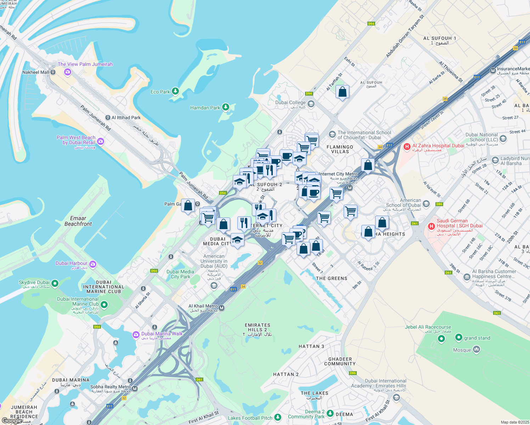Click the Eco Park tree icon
(175, 91)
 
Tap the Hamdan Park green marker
(225, 107)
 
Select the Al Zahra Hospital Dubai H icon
(407, 146)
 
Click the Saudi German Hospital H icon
(432, 226)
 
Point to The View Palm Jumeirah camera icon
(68, 72)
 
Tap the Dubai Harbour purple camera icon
(93, 264)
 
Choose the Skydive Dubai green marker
(55, 283)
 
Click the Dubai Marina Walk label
(162, 334)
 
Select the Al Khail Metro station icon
(222, 308)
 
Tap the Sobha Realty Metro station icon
(134, 389)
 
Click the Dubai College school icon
(311, 103)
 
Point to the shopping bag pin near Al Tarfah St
(342, 92)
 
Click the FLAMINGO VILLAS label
(340, 149)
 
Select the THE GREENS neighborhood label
(332, 278)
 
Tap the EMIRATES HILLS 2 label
(258, 327)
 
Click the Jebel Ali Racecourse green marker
(441, 339)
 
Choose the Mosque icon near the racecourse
(477, 350)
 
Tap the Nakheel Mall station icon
(53, 72)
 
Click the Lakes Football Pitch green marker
(278, 418)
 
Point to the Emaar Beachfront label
(78, 221)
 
